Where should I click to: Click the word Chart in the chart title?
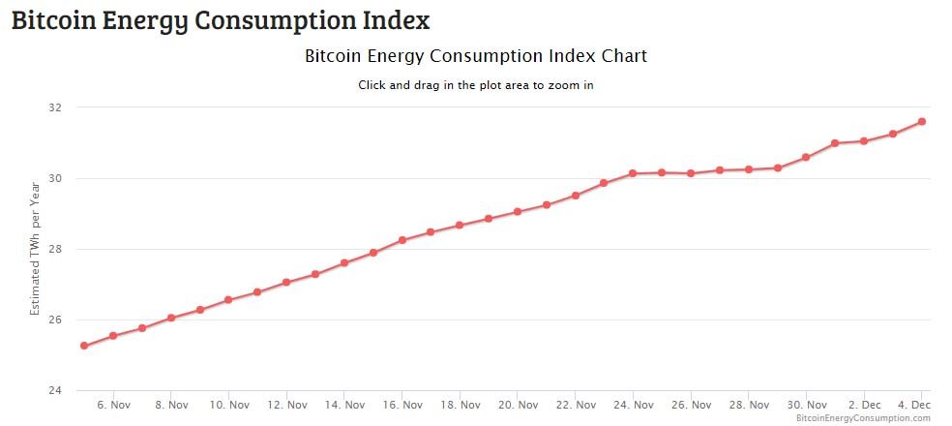coord(622,56)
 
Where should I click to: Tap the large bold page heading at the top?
coord(221,19)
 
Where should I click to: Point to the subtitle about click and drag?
coord(475,85)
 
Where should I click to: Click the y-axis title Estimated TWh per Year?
coord(35,248)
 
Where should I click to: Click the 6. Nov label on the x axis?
coord(114,405)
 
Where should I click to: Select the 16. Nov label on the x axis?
coord(402,405)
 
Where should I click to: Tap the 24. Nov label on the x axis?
coord(634,405)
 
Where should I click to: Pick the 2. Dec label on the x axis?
coord(864,405)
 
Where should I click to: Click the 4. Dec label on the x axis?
coord(914,405)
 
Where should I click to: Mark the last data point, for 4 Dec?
coord(922,121)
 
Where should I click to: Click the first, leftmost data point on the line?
coord(84,346)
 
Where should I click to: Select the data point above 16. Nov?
coord(402,240)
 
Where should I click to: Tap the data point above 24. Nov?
coord(633,173)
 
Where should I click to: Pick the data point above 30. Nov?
coord(806,157)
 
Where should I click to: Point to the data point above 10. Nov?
coord(228,300)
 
